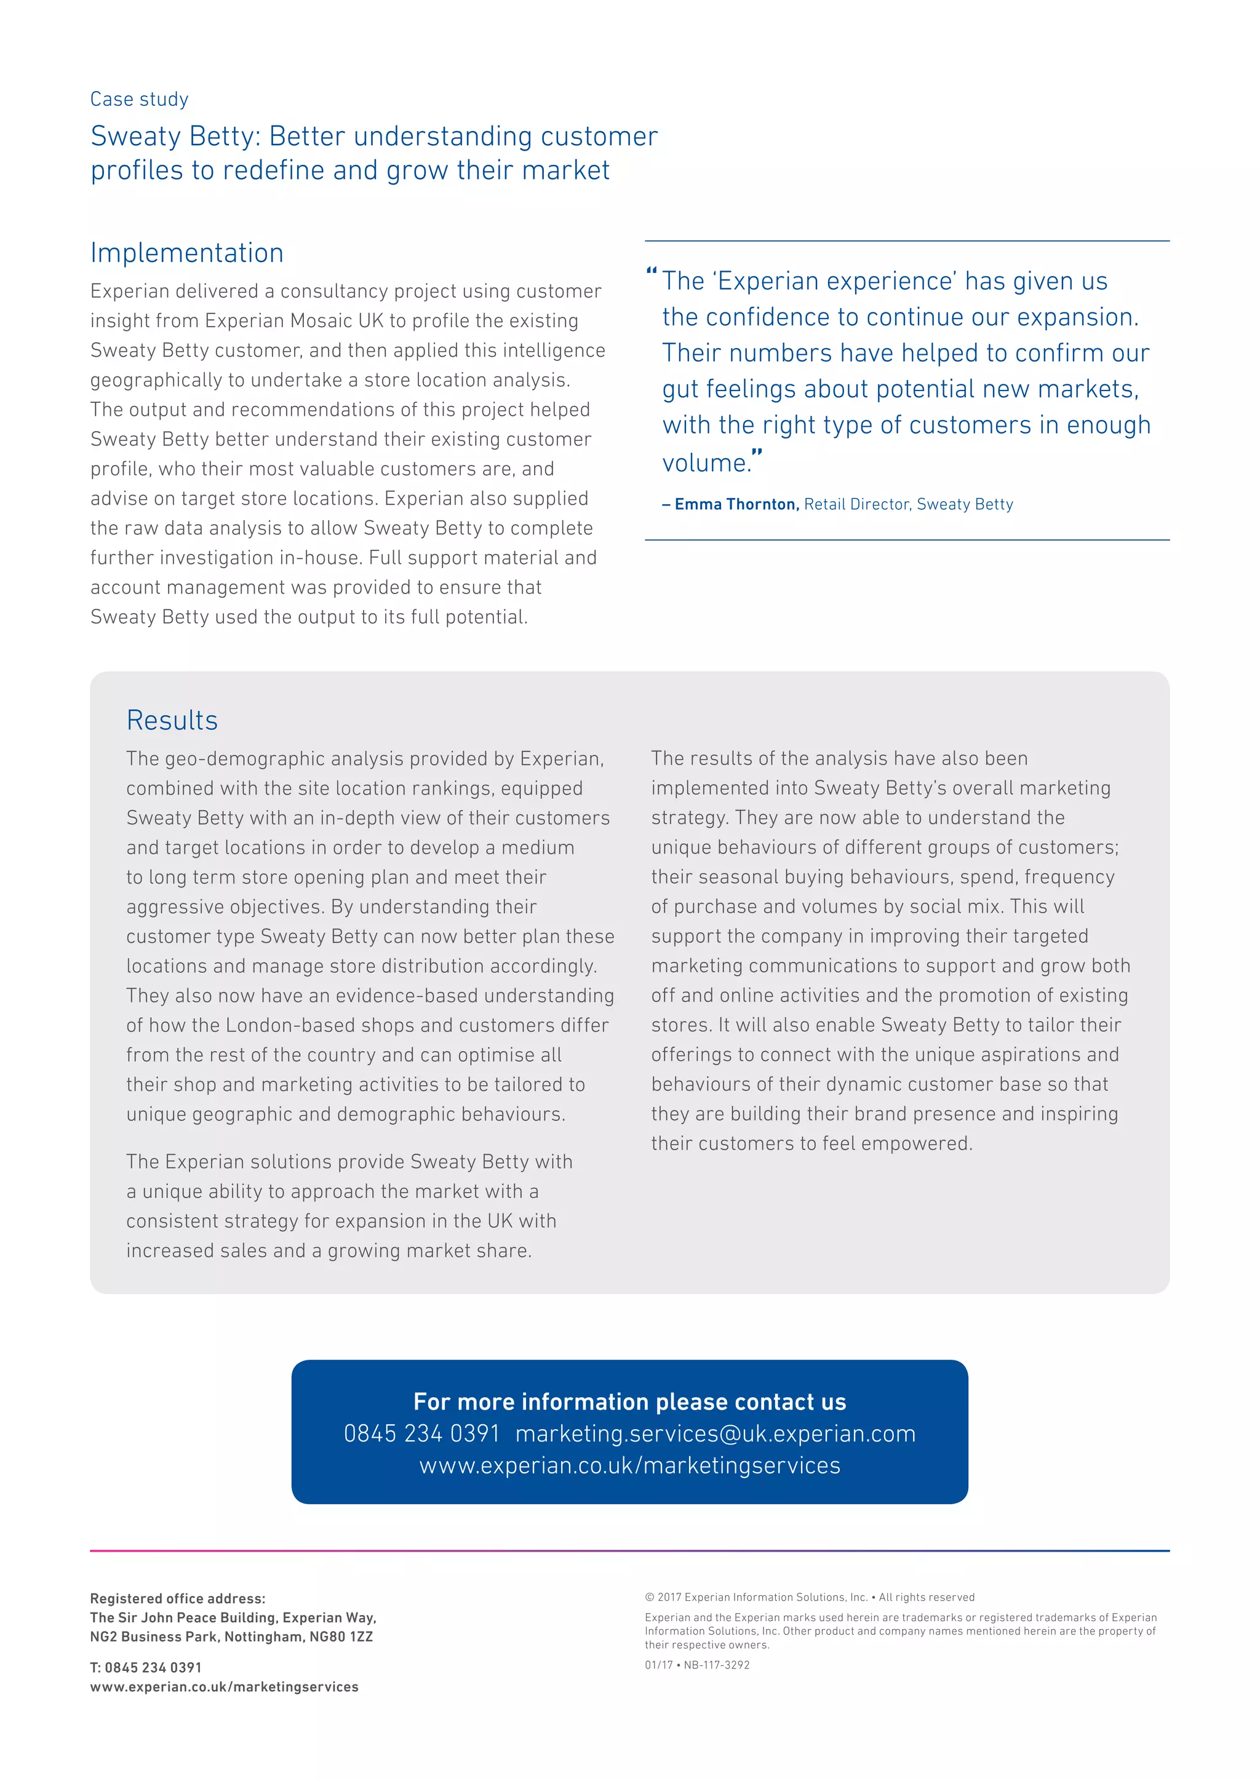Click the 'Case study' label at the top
coord(139,99)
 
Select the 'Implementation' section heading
coord(187,253)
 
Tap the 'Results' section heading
coord(172,720)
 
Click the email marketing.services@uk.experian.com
coord(716,1434)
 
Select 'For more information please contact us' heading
coord(629,1401)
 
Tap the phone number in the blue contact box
coord(422,1434)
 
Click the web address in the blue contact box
coord(629,1466)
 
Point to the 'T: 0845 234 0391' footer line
coord(146,1667)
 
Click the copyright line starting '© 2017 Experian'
coord(809,1597)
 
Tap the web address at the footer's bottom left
coord(224,1686)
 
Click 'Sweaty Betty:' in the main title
coord(175,137)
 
